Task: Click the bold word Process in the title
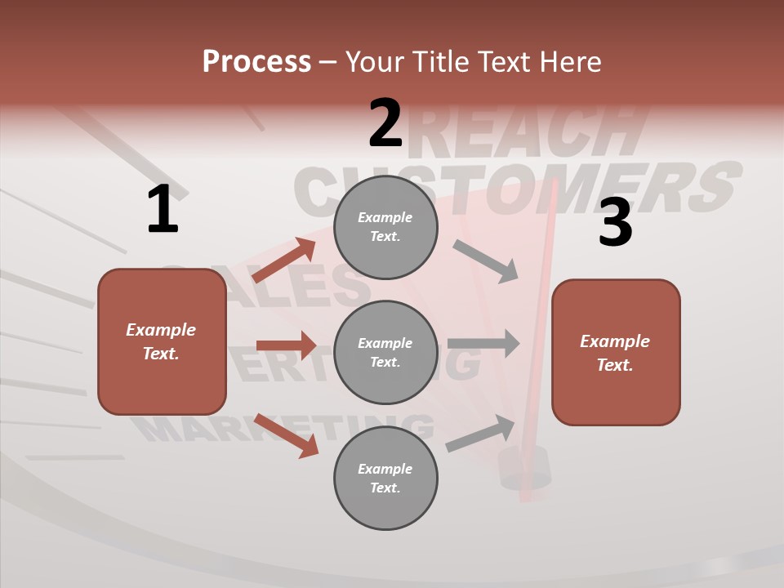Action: click(x=256, y=62)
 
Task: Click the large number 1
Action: click(x=163, y=209)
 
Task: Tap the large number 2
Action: click(x=385, y=123)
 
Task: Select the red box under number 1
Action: click(x=162, y=341)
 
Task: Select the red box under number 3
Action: click(x=616, y=352)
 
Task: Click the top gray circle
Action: click(x=385, y=227)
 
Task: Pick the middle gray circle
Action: click(x=385, y=352)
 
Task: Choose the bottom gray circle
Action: click(x=385, y=478)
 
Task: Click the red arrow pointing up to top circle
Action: click(x=284, y=260)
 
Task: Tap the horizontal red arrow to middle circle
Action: click(x=286, y=345)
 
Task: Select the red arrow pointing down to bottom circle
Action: click(x=286, y=435)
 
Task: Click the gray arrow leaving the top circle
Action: click(x=486, y=261)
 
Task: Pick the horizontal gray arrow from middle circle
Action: click(x=483, y=343)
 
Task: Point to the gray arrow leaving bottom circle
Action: click(x=481, y=434)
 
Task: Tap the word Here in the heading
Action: click(x=571, y=62)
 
